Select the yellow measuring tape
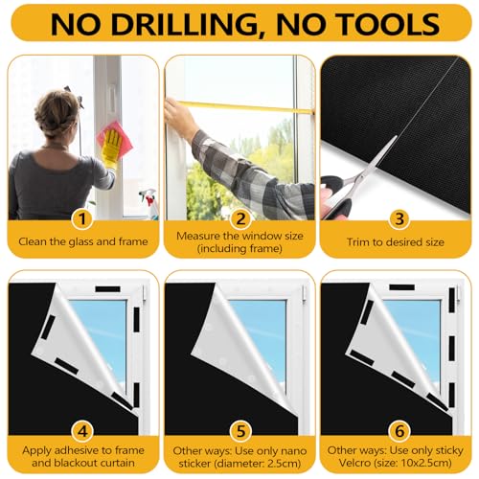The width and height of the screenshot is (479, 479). (x=259, y=106)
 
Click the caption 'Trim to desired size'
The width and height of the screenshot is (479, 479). (x=397, y=242)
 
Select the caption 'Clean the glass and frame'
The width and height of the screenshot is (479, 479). (x=81, y=242)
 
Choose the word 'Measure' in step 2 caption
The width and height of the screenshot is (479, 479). (x=194, y=236)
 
